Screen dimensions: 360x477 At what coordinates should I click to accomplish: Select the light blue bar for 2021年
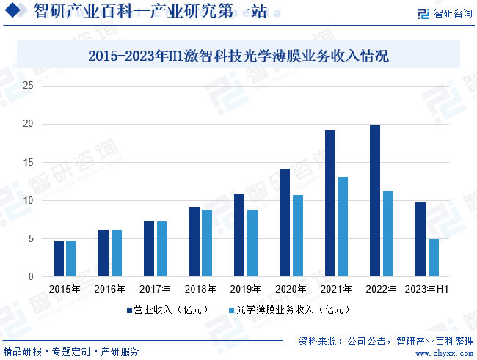point(343,227)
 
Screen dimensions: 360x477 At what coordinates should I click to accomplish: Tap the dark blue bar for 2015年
point(59,259)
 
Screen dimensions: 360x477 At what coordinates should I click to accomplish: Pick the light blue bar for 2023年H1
point(433,258)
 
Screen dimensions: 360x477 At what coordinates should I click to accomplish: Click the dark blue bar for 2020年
point(285,222)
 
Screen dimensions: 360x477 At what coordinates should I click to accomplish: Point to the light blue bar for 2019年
point(252,243)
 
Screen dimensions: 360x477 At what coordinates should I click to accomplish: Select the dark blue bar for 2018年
point(194,242)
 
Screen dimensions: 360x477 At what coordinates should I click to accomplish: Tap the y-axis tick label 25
point(29,86)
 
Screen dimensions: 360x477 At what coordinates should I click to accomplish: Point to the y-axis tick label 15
point(29,163)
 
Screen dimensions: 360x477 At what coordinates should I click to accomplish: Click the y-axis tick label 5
point(32,239)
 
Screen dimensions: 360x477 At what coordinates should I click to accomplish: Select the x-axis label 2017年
point(155,290)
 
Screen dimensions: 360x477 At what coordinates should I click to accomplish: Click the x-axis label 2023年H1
point(426,290)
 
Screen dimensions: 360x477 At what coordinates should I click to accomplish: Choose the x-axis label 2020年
point(291,290)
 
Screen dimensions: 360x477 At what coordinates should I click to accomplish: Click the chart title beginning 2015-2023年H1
point(238,56)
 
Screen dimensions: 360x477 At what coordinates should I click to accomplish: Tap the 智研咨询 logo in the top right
point(444,13)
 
